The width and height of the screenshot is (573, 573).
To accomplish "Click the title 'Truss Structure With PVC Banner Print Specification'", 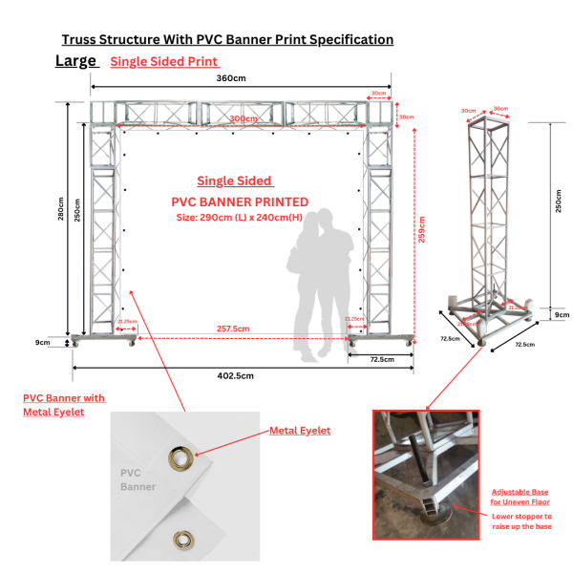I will click(227, 40).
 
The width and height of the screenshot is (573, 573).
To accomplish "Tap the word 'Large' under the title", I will click(75, 61).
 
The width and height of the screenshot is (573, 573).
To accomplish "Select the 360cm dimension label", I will click(230, 77).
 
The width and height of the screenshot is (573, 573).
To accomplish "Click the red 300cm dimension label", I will click(244, 118).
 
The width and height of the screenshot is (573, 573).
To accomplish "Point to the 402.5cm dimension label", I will click(235, 375).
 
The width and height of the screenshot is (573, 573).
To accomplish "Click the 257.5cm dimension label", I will click(231, 329).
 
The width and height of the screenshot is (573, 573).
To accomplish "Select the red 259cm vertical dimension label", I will click(421, 230).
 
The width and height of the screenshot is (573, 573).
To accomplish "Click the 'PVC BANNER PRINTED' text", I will click(240, 202).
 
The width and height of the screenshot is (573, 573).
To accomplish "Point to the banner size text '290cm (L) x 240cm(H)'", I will click(240, 217).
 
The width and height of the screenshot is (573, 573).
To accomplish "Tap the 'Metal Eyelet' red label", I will click(299, 431).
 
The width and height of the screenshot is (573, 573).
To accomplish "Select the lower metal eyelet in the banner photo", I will click(181, 541).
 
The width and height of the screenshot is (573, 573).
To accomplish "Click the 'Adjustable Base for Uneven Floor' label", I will click(520, 496).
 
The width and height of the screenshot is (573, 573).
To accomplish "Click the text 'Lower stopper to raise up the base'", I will click(521, 521).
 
